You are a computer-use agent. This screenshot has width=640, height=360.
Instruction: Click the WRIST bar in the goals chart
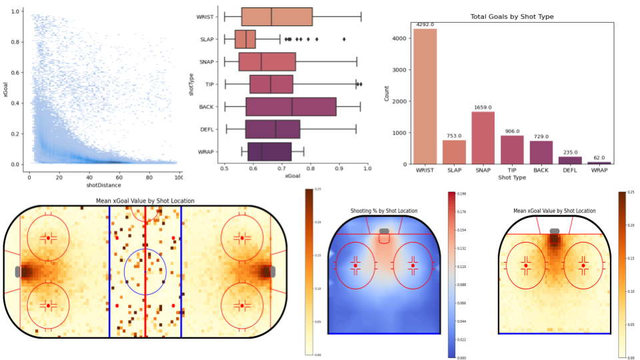point(425,96)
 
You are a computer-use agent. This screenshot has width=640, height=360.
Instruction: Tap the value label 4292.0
point(425,25)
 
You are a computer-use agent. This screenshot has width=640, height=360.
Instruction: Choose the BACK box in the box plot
point(291,107)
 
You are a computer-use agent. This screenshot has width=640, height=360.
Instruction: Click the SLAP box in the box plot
point(245,39)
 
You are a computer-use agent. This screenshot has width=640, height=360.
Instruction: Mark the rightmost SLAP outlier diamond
point(344,39)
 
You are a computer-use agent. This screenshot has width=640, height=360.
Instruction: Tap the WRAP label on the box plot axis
point(205,151)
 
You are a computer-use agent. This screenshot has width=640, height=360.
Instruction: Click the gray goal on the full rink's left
point(19,271)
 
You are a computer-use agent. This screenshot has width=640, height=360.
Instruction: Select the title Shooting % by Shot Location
point(383,211)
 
